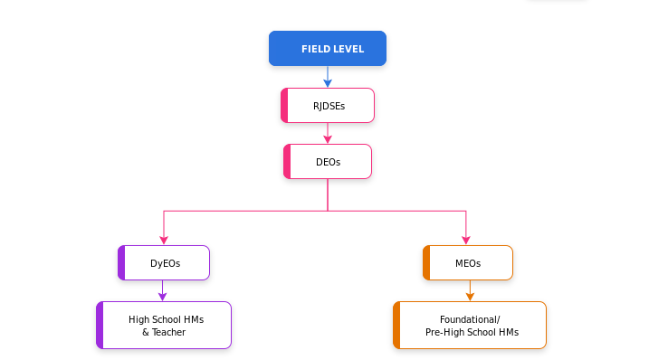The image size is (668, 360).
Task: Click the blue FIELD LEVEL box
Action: [328, 49]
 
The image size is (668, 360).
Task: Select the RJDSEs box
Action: [328, 106]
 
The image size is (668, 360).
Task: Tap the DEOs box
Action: [328, 162]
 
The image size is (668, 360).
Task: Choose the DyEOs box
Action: [164, 263]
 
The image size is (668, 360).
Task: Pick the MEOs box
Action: [467, 263]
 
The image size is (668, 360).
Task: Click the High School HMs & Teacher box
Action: [164, 326]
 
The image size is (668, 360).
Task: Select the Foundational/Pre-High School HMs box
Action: [470, 326]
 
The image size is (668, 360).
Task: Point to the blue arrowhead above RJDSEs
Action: [328, 83]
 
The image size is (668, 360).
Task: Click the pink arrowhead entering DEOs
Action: [328, 139]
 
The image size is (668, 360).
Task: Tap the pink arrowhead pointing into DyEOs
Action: [164, 241]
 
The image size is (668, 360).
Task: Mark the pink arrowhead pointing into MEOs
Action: [466, 241]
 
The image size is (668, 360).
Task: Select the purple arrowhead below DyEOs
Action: [163, 296]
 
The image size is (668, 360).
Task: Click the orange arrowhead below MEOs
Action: [470, 296]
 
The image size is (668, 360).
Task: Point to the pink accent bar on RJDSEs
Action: [284, 106]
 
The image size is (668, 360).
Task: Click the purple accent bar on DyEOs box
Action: [121, 263]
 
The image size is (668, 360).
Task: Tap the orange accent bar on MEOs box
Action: [426, 263]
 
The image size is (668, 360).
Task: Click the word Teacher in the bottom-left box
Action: [169, 333]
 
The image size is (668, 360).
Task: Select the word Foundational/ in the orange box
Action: [470, 319]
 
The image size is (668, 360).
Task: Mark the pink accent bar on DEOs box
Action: [287, 162]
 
